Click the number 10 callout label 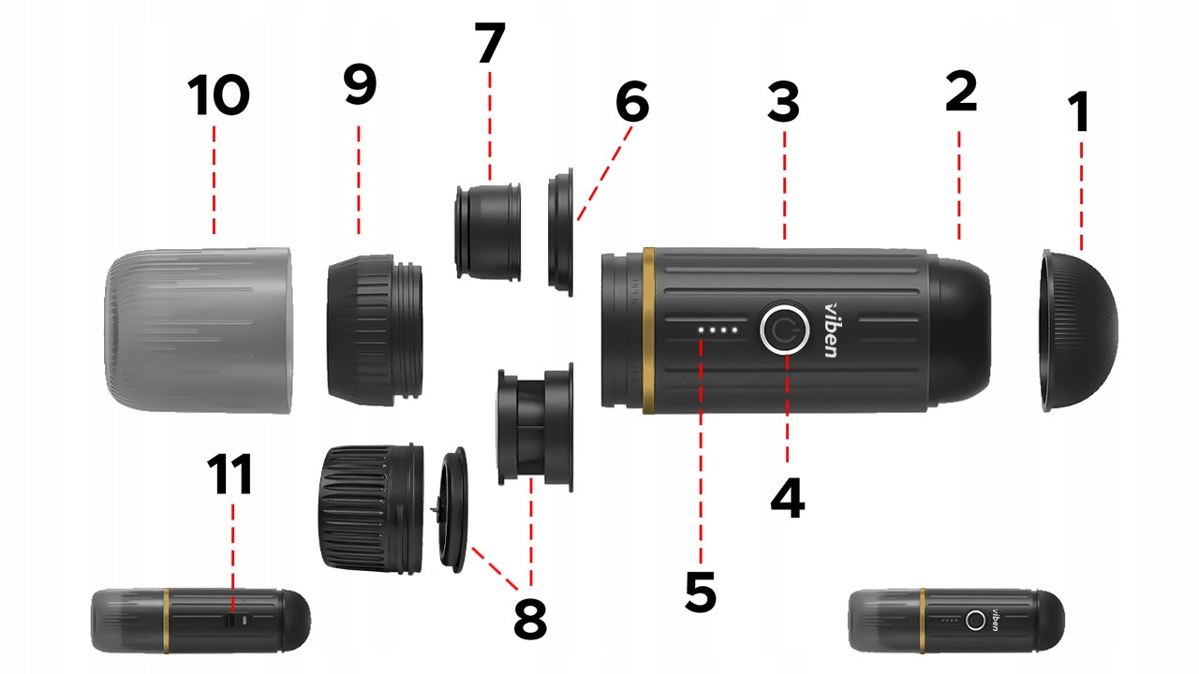[x=218, y=95]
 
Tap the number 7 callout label [x=490, y=43]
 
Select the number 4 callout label [x=788, y=499]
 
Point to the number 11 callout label [x=229, y=474]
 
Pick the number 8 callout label [x=530, y=619]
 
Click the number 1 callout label [x=1080, y=111]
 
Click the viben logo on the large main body [x=832, y=330]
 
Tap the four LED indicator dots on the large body [x=718, y=330]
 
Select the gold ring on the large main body [x=649, y=330]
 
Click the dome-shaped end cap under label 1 [x=1078, y=330]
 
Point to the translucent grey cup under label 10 [x=198, y=330]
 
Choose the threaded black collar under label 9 [x=375, y=330]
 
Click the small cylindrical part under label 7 [x=488, y=232]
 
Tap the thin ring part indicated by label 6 [x=560, y=232]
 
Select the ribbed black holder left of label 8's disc [x=373, y=509]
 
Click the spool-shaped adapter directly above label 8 [x=535, y=427]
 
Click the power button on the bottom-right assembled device [x=975, y=621]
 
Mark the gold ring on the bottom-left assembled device [x=167, y=621]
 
